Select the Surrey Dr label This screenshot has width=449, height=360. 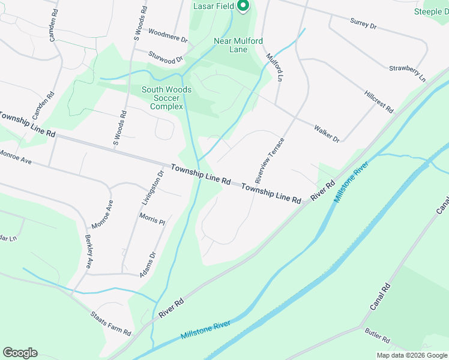[x=363, y=25]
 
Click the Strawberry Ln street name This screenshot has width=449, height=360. [x=407, y=74]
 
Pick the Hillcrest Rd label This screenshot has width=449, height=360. [x=379, y=101]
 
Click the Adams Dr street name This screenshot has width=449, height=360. [x=148, y=264]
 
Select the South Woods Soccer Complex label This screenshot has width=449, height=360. [x=166, y=98]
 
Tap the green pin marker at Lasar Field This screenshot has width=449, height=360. [x=243, y=6]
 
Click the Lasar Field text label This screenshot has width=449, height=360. [x=212, y=6]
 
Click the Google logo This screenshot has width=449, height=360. [x=20, y=353]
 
